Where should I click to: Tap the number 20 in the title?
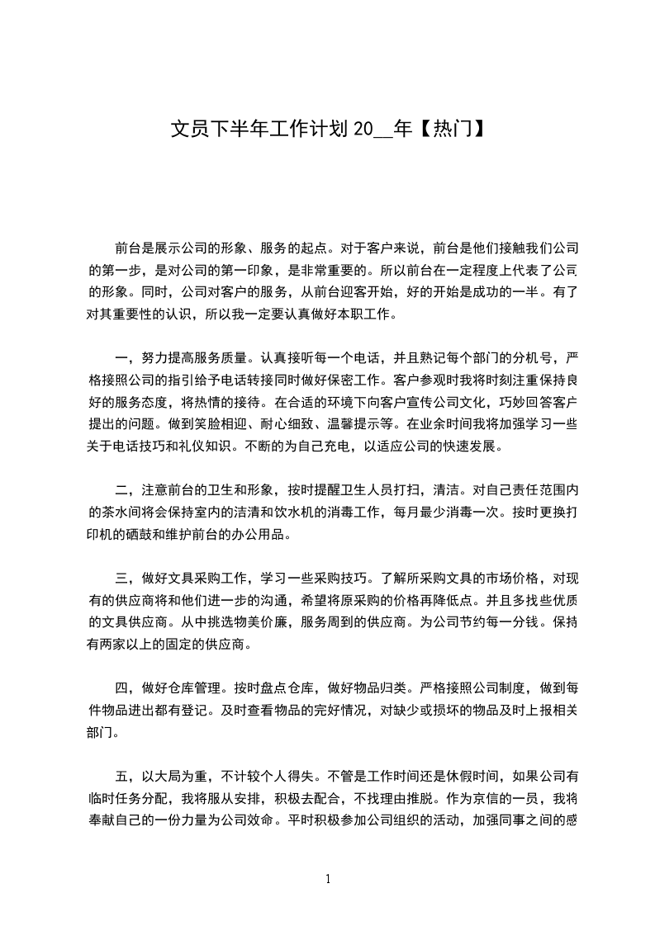(363, 130)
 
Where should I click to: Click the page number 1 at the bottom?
(328, 878)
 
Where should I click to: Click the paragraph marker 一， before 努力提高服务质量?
(124, 357)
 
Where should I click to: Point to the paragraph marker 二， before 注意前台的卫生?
(124, 489)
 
